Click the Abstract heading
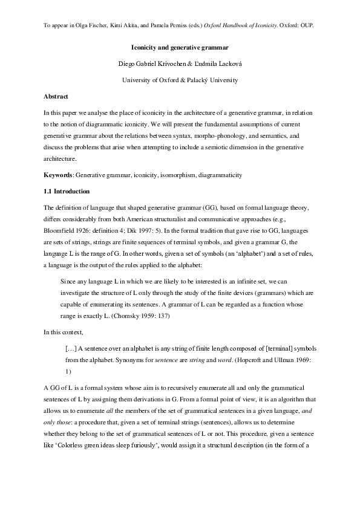click(56, 96)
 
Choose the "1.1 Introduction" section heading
click(67, 192)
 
